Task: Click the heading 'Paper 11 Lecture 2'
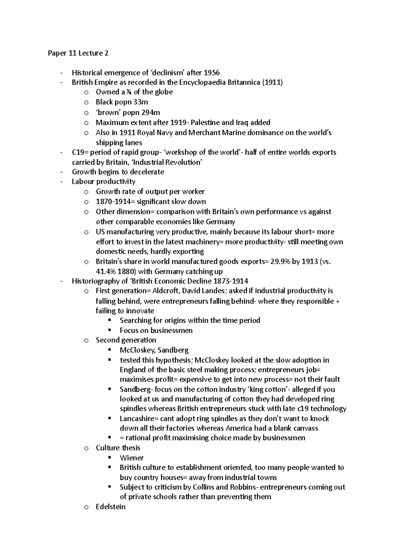point(78,53)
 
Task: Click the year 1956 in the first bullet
point(212,73)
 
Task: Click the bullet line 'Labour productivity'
point(103,182)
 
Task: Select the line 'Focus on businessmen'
point(156,330)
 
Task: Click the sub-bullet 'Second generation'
point(126,340)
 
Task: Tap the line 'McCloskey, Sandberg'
point(154,350)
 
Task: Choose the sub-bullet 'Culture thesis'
point(118,448)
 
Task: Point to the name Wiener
point(132,458)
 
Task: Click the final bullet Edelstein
point(111,507)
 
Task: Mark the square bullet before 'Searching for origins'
point(110,320)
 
